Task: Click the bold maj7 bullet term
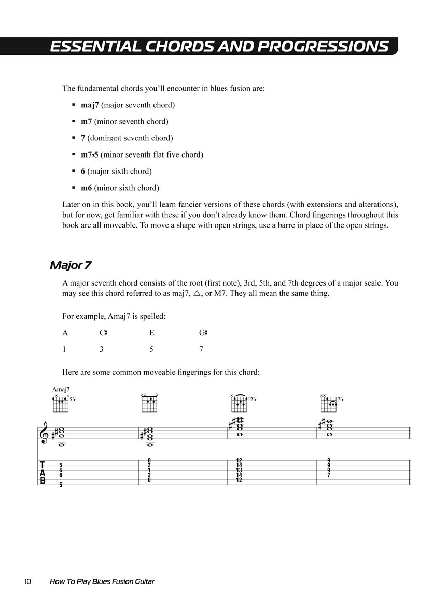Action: click(90, 105)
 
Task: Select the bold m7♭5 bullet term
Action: click(90, 155)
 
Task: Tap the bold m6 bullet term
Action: click(87, 188)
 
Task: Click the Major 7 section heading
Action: click(71, 265)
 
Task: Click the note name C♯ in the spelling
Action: click(103, 333)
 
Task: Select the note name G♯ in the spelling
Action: click(203, 333)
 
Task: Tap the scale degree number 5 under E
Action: click(151, 349)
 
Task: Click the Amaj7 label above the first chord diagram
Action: click(61, 389)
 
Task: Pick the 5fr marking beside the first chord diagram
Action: click(73, 399)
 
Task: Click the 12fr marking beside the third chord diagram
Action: click(252, 399)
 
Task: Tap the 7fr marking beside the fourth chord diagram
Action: click(340, 399)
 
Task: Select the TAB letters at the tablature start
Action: click(43, 473)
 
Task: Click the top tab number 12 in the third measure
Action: click(239, 461)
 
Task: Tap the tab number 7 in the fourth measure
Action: click(329, 475)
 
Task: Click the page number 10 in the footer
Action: click(27, 581)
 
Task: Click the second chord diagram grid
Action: click(149, 405)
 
